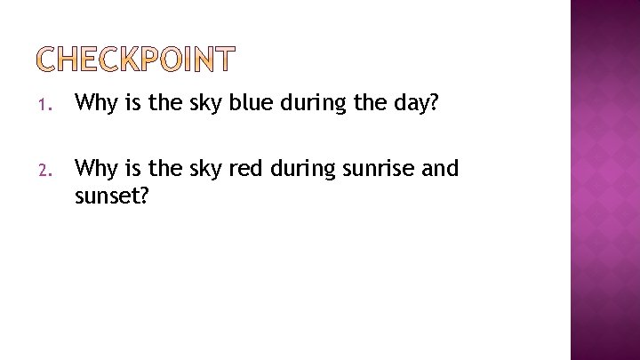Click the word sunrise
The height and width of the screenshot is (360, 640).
click(360, 168)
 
